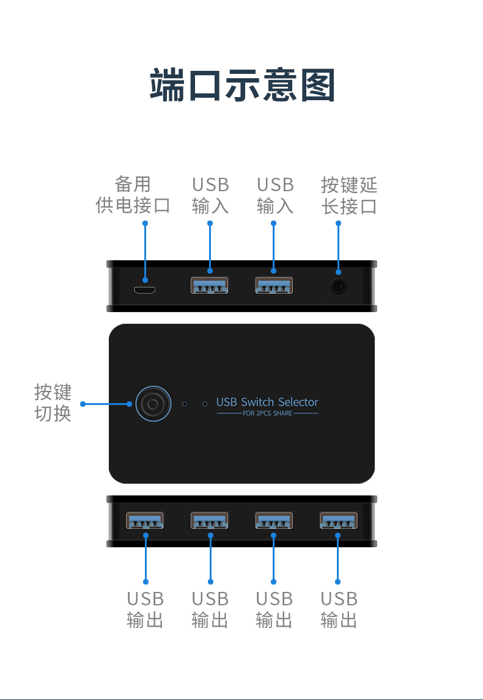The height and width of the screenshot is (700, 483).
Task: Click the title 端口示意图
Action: [x=242, y=86]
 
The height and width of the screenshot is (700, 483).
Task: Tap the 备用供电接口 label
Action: [x=133, y=195]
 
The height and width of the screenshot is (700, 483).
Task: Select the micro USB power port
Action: [x=146, y=290]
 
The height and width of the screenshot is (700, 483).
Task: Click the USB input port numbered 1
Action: [x=209, y=285]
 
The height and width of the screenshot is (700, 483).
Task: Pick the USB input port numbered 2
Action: [x=273, y=285]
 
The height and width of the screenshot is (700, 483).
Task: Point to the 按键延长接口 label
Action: [x=349, y=195]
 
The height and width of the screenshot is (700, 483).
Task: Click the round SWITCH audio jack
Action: [x=338, y=285]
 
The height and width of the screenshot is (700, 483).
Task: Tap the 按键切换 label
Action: [x=53, y=403]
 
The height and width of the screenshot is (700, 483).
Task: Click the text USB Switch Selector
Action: [x=267, y=402]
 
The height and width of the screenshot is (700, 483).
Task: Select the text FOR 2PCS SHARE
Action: [x=267, y=414]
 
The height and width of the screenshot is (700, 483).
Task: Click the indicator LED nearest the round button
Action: [x=185, y=404]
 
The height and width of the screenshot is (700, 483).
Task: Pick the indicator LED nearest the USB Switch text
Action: [x=205, y=404]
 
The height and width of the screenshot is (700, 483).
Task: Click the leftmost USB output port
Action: [x=145, y=520]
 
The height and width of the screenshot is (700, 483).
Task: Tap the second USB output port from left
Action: [x=209, y=520]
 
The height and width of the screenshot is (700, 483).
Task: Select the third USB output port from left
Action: [x=273, y=520]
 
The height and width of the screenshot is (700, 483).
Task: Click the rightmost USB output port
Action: [x=338, y=520]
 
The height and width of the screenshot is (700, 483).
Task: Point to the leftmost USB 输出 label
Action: [x=146, y=609]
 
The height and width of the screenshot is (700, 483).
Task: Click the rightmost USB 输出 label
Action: [x=339, y=609]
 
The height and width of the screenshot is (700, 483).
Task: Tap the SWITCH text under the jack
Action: [x=339, y=299]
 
